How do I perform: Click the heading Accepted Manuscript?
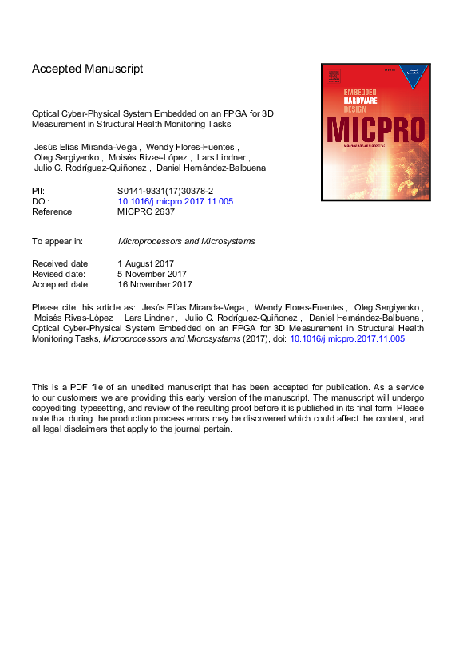[x=88, y=69]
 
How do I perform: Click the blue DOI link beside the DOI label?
[x=175, y=202]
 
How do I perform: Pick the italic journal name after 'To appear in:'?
[x=187, y=241]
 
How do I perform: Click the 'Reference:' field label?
[x=53, y=212]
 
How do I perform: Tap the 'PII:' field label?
[x=39, y=192]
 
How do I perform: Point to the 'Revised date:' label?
[x=61, y=274]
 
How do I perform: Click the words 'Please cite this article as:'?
[x=83, y=306]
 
